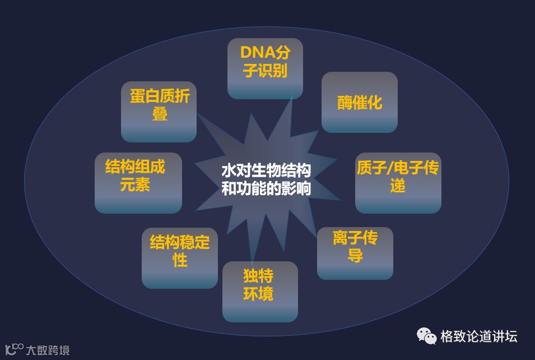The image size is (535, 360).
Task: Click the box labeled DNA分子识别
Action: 265,68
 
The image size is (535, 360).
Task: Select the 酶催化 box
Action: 359,102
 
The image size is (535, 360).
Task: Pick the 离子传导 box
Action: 355,253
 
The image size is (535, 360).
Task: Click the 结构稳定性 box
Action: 179,258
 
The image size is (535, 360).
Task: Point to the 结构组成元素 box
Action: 138,182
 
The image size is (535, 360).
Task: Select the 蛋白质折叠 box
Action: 159,112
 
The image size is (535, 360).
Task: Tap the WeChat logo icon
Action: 426,336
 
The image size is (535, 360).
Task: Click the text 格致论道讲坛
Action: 479,336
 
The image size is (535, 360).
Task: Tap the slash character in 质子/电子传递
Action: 390,168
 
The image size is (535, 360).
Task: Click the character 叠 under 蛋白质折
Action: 160,114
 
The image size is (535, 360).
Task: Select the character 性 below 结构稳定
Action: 180,261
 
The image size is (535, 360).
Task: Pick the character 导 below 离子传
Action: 355,256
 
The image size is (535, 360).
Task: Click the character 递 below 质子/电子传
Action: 398,186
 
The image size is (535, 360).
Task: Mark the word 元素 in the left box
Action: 135,186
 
